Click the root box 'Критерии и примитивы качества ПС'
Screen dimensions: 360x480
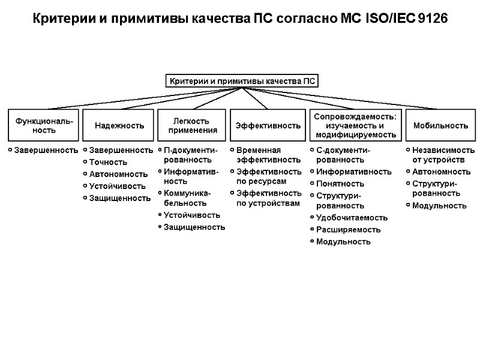pyautogui.click(x=241, y=81)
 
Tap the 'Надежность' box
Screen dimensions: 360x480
pyautogui.click(x=119, y=125)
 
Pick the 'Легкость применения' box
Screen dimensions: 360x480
pyautogui.click(x=193, y=125)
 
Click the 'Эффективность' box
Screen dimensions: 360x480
pyautogui.click(x=268, y=125)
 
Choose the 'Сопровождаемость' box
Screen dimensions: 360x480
pyautogui.click(x=354, y=125)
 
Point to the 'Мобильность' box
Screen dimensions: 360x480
pyautogui.click(x=440, y=125)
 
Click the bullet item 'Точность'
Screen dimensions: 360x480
pyautogui.click(x=109, y=162)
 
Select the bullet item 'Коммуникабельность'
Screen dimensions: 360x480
pyautogui.click(x=187, y=198)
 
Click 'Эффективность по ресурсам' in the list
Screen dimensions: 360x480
pyautogui.click(x=268, y=176)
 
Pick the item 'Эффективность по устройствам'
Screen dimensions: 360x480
pyautogui.click(x=268, y=198)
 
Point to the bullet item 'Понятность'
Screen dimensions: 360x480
pyautogui.click(x=340, y=184)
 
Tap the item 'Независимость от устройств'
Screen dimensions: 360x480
pyautogui.click(x=443, y=155)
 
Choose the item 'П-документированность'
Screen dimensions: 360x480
pyautogui.click(x=190, y=155)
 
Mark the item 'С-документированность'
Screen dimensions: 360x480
pyautogui.click(x=343, y=155)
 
